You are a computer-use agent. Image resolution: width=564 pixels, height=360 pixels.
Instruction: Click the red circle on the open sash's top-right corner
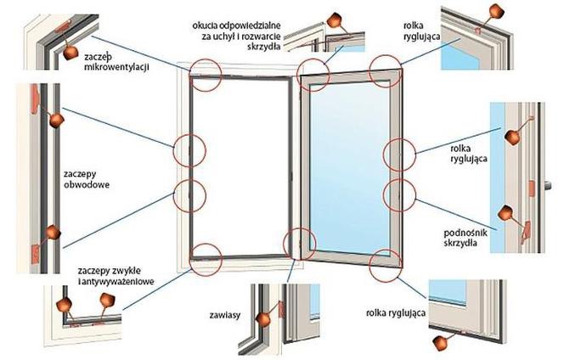click(x=386, y=71)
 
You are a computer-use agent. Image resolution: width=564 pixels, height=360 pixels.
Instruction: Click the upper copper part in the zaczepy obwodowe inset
click(x=55, y=122)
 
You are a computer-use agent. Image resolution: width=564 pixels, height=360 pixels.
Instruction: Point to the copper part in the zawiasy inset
click(x=265, y=318)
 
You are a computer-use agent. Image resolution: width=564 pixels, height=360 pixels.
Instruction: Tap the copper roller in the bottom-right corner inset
click(x=441, y=340)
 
